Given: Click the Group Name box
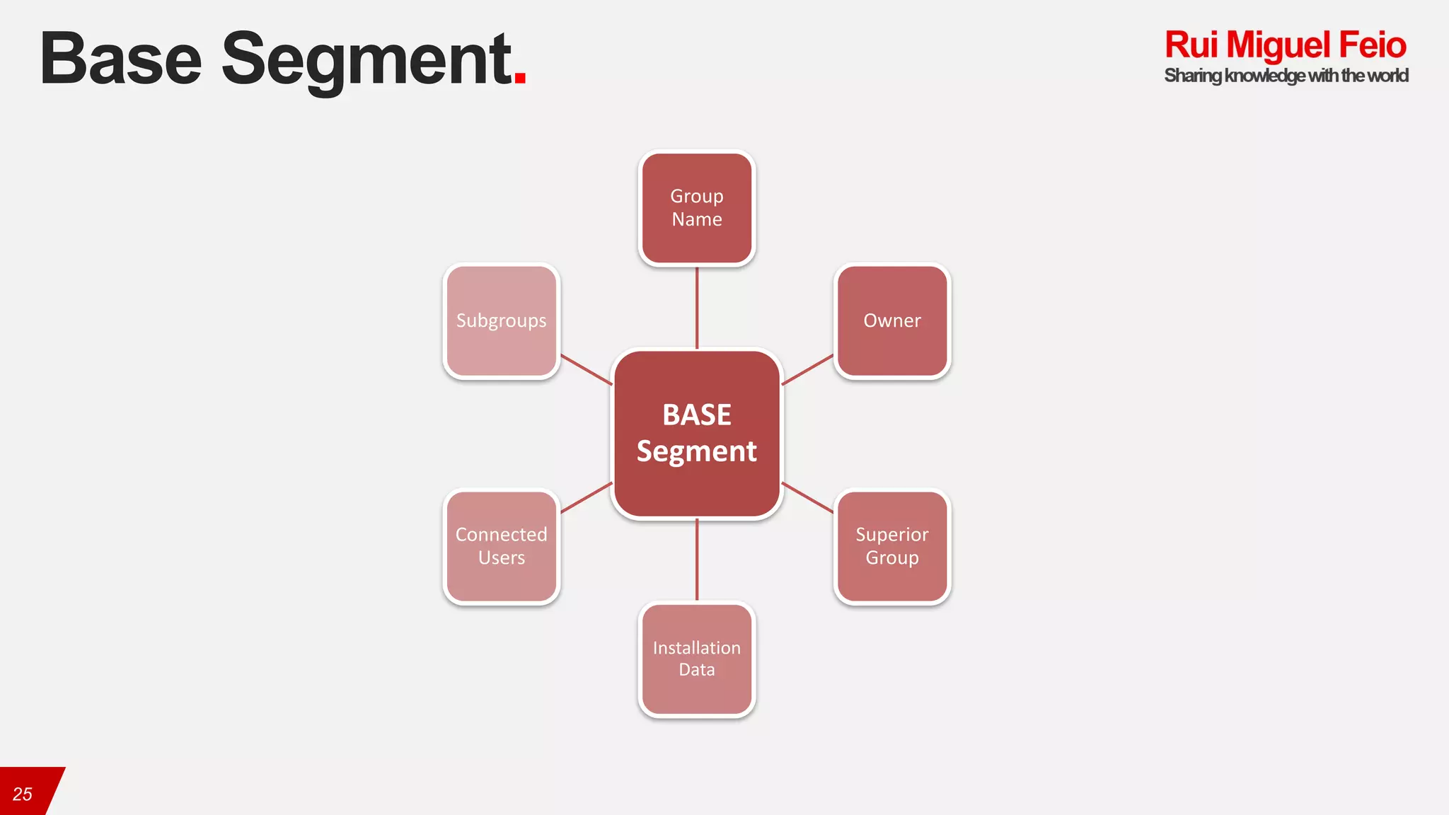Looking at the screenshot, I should [x=697, y=208].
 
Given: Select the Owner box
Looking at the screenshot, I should [x=892, y=321].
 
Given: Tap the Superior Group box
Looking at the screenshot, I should [x=892, y=546].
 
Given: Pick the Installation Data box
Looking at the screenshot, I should [x=697, y=659].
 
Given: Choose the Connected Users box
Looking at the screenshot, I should [x=502, y=546].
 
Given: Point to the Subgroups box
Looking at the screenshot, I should [x=502, y=321].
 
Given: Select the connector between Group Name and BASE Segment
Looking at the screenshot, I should [x=697, y=308].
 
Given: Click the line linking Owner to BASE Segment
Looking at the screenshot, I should [x=807, y=369].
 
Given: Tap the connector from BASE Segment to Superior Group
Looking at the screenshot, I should [x=807, y=497].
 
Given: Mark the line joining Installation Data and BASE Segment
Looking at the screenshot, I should [x=697, y=560].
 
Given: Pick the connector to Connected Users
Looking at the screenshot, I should [x=587, y=497].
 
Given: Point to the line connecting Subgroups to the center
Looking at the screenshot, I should [x=587, y=369].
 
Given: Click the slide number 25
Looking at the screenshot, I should [x=23, y=794].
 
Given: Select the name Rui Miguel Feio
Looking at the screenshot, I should [x=1285, y=45].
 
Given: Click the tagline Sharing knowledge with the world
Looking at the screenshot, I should [x=1286, y=76].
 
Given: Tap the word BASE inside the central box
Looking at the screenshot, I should [x=697, y=415].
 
